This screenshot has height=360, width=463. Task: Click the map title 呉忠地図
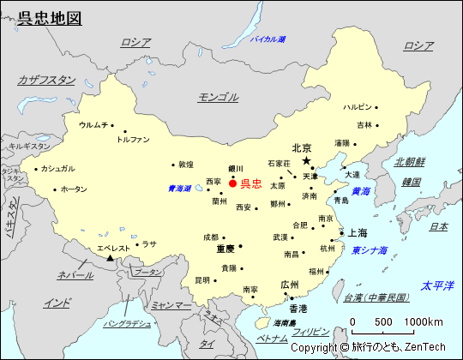(51, 18)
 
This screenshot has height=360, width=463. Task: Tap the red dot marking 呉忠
(233, 183)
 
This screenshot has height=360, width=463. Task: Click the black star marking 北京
(306, 160)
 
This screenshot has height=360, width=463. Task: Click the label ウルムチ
(93, 125)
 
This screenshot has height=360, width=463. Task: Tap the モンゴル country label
(218, 97)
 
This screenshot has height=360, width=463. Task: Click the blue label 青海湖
(180, 189)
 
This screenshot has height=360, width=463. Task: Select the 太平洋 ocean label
(436, 285)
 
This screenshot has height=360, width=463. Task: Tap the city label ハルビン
(358, 107)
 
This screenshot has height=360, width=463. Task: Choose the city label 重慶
(225, 249)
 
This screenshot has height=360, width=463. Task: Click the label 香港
(298, 309)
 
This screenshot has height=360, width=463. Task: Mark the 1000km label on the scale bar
(424, 321)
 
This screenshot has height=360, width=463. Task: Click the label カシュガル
(57, 168)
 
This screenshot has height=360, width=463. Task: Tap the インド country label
(57, 303)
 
